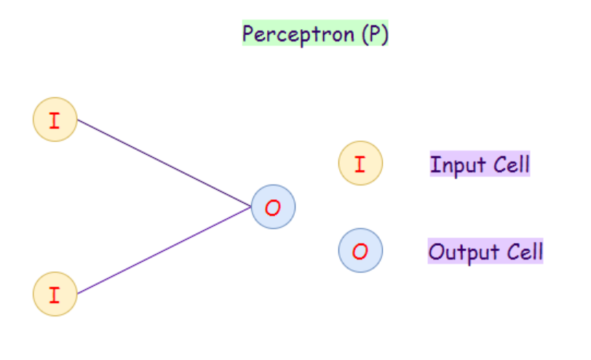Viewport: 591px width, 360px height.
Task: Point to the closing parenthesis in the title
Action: tap(384, 34)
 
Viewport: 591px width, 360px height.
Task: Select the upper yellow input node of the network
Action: tap(55, 119)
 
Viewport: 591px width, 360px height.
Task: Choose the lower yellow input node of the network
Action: tap(55, 294)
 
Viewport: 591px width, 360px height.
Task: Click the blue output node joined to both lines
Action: tap(273, 207)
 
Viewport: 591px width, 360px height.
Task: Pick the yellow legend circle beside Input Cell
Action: tap(360, 163)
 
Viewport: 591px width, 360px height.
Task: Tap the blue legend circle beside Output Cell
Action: tap(360, 251)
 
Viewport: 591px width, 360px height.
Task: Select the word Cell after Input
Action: tap(511, 164)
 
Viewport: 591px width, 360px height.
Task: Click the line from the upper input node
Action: tap(164, 164)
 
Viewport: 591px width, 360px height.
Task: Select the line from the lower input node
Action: tap(164, 251)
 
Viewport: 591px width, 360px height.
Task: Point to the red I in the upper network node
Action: tap(55, 119)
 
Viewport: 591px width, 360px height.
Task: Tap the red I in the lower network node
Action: tap(55, 294)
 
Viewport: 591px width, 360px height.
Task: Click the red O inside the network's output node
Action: tap(273, 207)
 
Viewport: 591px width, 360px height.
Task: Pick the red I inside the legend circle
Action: tap(360, 163)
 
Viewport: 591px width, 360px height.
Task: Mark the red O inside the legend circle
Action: tap(360, 251)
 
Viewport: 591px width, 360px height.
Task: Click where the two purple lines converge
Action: tap(251, 207)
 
